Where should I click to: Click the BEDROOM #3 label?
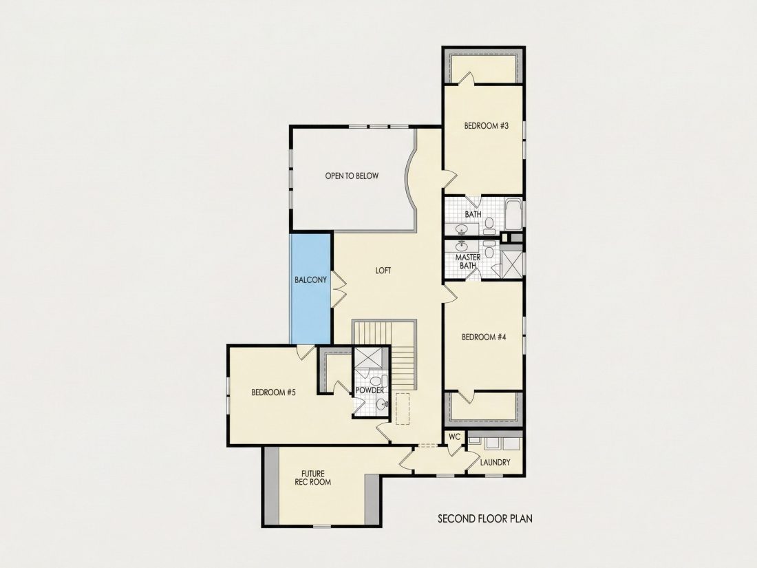coord(486,126)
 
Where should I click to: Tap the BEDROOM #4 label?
coord(484,337)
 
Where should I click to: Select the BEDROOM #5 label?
coord(273,392)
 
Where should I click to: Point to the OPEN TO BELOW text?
coord(352,176)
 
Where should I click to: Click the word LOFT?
coord(383,271)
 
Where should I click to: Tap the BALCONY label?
coord(311,280)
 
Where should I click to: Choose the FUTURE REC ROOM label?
coord(313,478)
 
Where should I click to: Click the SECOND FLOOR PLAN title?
coord(485,518)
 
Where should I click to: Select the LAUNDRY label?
coord(495,462)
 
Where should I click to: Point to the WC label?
coord(455,437)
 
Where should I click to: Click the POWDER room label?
coord(370,390)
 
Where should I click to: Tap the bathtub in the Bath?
coord(513,215)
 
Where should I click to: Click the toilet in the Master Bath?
coord(489,249)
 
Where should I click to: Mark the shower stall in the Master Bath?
coord(512,263)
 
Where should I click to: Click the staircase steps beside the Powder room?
coord(403,355)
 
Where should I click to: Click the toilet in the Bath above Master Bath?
coord(489,224)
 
